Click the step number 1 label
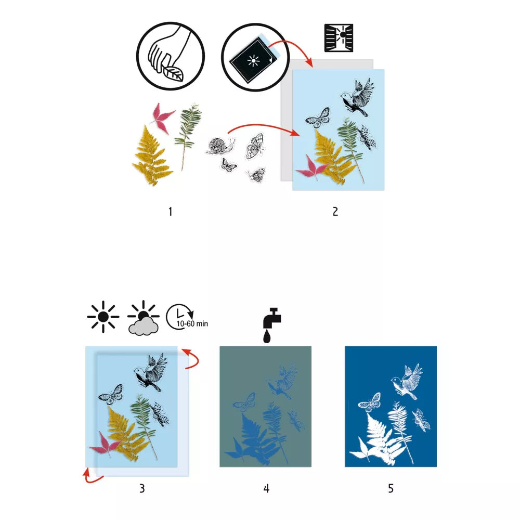170,211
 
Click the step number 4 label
266,488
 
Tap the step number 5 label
391,488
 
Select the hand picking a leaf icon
170,56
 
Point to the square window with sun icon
339,37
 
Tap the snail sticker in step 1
221,146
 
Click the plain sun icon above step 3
103,316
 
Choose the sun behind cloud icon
143,318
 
